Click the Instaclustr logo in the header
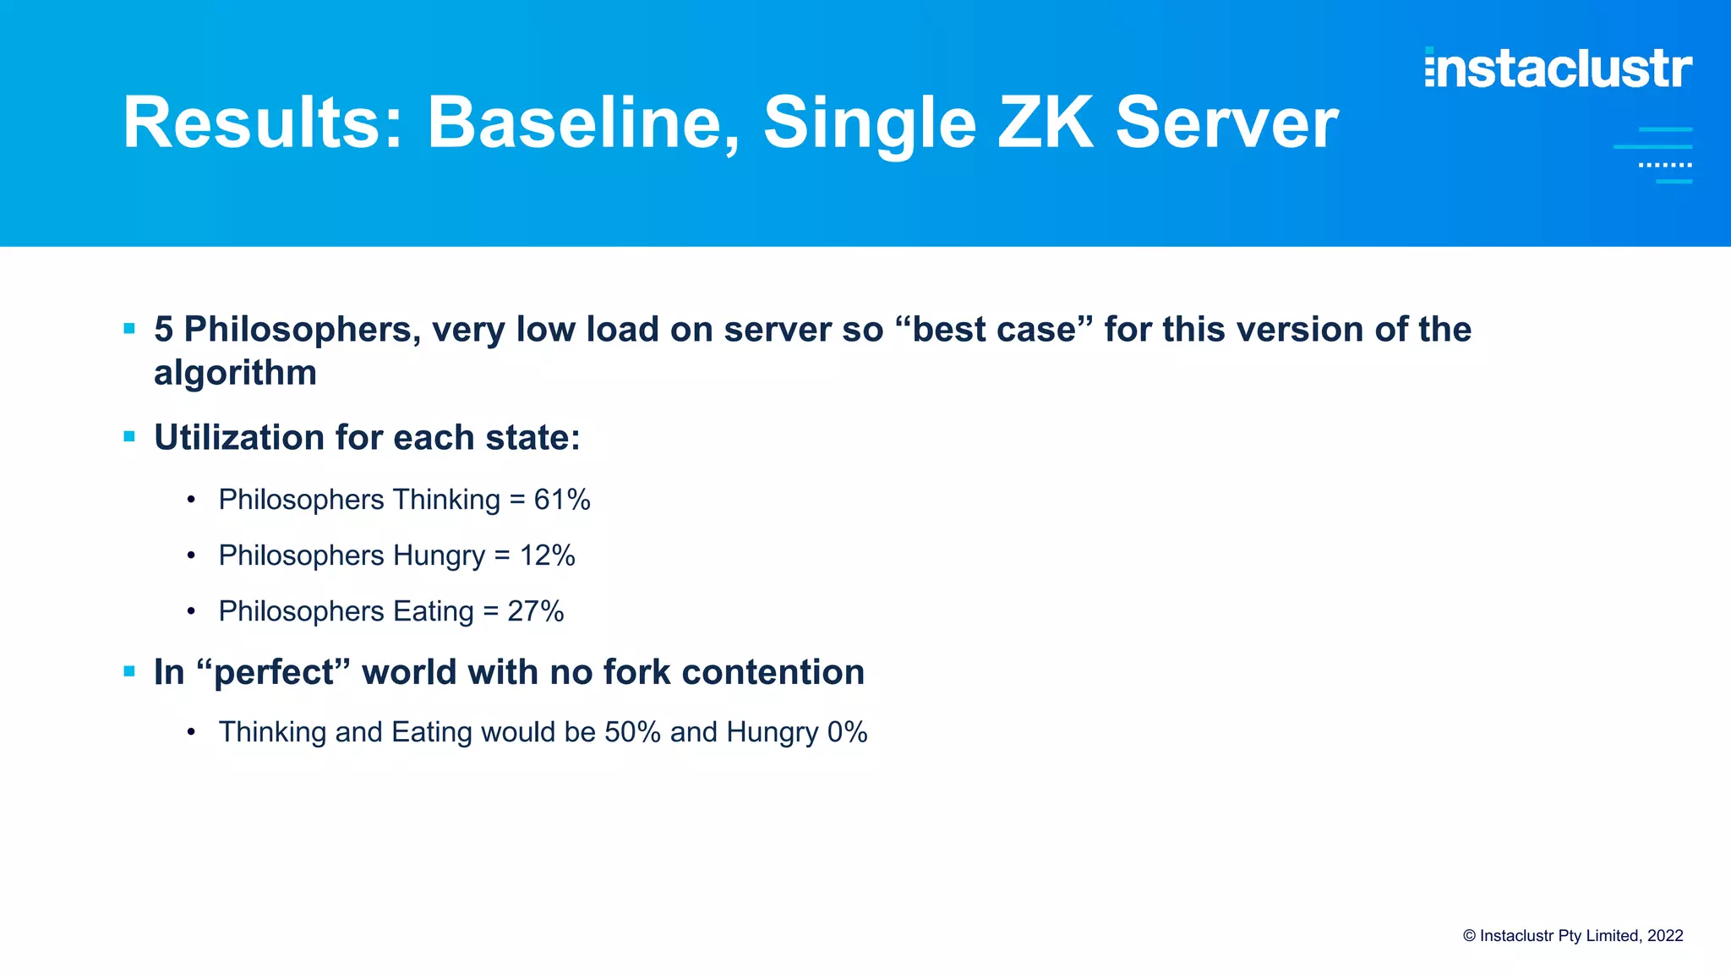click(1558, 68)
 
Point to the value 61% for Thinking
click(562, 500)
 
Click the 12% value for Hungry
click(548, 555)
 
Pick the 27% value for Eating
click(536, 611)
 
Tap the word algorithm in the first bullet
click(235, 373)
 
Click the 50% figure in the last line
click(632, 732)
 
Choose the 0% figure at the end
click(847, 732)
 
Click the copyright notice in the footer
click(1573, 936)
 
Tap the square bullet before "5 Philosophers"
click(129, 329)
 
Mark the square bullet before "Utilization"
click(129, 437)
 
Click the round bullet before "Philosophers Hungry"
click(192, 556)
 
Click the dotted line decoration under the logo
click(1664, 165)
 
